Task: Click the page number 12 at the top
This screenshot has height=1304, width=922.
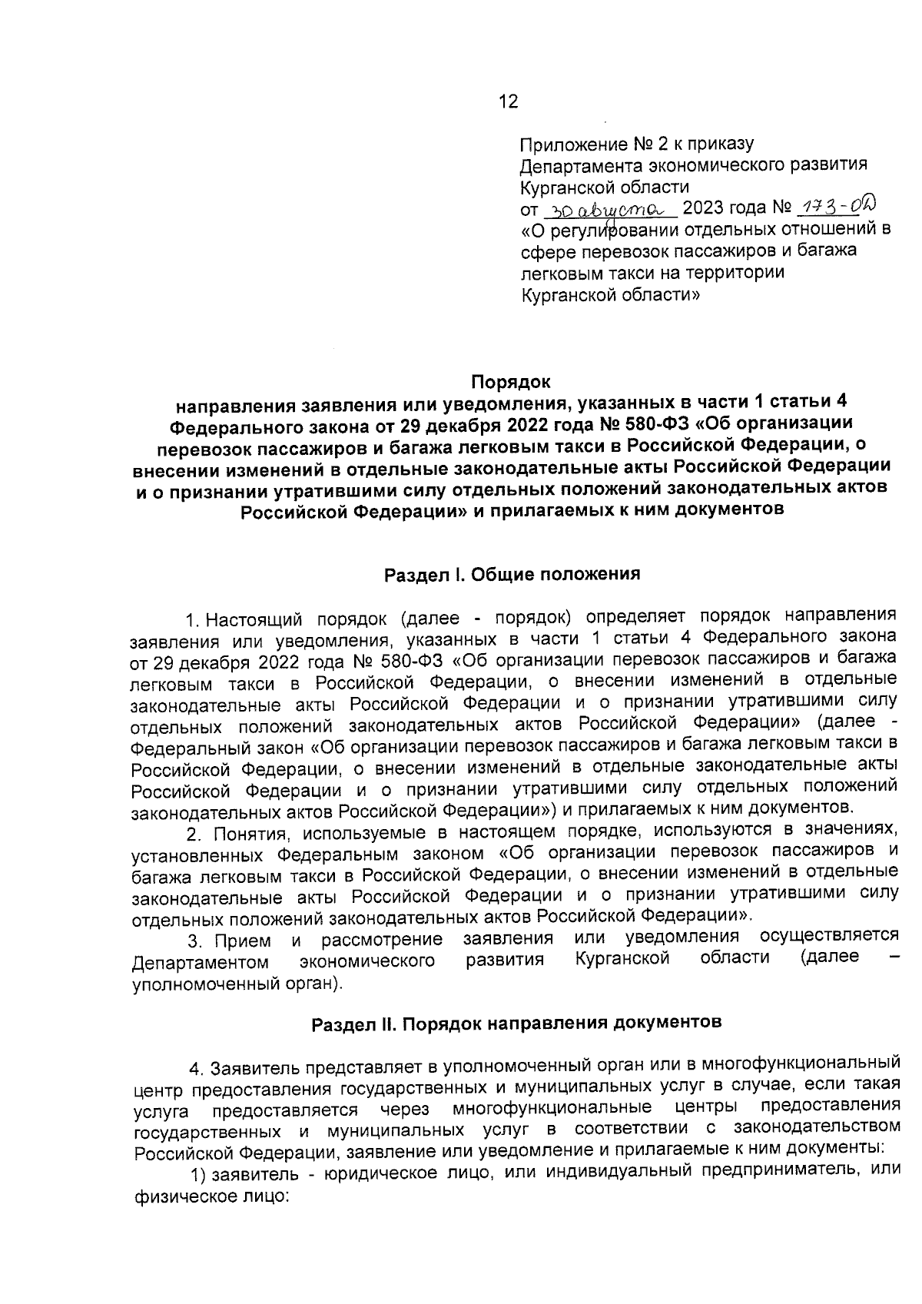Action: click(x=508, y=102)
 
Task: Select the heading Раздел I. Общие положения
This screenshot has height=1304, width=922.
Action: click(x=512, y=574)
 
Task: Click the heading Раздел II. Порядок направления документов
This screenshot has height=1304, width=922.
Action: click(x=516, y=1023)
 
